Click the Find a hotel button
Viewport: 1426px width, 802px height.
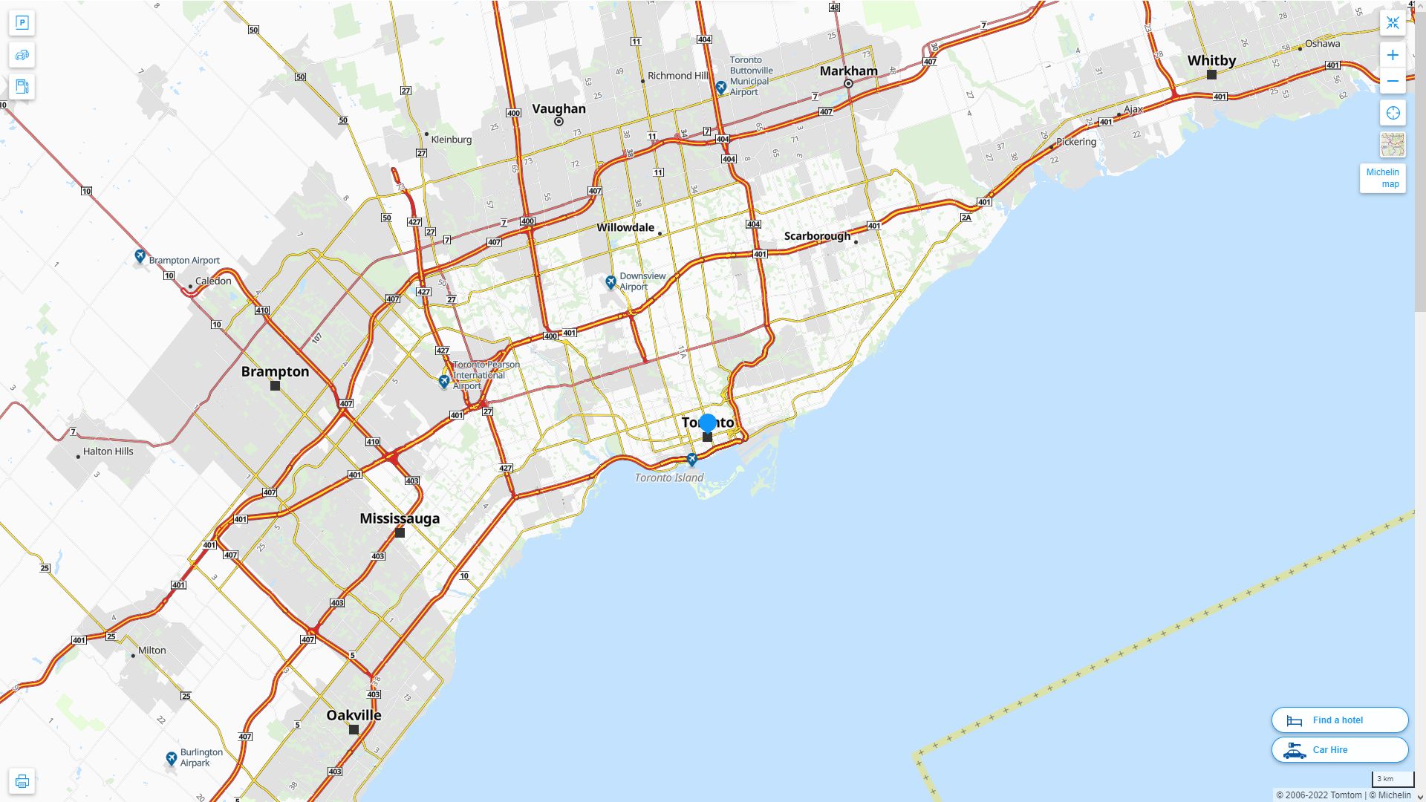coord(1339,720)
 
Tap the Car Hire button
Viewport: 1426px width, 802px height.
coord(1339,749)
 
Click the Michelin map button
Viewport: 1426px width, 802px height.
coord(1382,178)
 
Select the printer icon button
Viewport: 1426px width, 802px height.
coord(22,780)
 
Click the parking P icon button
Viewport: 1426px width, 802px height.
coord(22,23)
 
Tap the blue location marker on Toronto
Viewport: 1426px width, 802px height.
coord(708,423)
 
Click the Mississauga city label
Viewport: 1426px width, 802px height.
coord(400,518)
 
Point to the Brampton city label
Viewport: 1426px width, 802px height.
coord(275,371)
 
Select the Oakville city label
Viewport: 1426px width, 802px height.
coord(354,715)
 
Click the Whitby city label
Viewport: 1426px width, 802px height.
coord(1211,61)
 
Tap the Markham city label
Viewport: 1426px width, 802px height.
coord(848,71)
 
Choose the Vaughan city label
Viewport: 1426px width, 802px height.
coord(559,108)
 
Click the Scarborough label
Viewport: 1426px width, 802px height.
coord(817,236)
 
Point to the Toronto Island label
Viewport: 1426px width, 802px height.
coord(668,477)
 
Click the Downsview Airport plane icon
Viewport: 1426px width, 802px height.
coord(611,281)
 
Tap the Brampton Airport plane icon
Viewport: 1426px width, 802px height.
coord(140,256)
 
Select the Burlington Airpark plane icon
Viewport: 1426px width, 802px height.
coord(172,757)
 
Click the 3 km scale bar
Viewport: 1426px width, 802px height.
coord(1392,780)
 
